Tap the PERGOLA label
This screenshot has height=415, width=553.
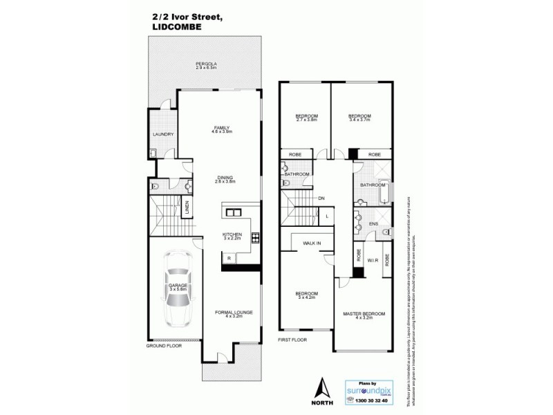(x=206, y=64)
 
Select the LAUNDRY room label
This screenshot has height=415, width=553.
(x=162, y=134)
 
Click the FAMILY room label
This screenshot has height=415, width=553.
(x=221, y=128)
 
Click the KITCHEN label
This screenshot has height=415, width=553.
(x=232, y=234)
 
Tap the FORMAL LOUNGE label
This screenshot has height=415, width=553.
(x=233, y=313)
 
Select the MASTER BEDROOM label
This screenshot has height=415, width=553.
(x=364, y=315)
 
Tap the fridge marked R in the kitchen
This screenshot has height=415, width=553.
(x=228, y=258)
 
